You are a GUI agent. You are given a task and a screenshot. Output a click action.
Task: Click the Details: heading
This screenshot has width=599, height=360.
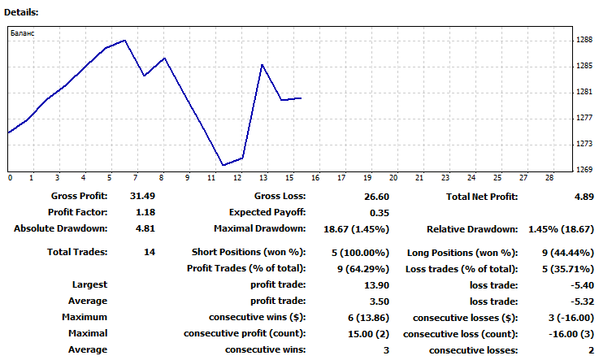tap(20, 12)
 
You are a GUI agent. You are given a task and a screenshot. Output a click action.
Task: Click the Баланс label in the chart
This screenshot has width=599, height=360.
tap(23, 34)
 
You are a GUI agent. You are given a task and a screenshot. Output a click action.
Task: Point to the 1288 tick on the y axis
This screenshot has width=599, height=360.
tap(584, 39)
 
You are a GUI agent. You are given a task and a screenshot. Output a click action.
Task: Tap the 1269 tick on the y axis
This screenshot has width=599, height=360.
tap(584, 170)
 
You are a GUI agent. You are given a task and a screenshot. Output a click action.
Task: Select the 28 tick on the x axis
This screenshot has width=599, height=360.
tap(549, 177)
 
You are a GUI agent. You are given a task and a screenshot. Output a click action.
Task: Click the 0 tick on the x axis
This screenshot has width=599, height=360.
tap(10, 177)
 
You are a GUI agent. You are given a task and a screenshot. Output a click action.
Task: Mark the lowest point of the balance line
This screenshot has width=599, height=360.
tap(224, 166)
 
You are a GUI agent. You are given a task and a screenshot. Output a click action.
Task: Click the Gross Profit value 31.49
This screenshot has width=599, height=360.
tap(142, 197)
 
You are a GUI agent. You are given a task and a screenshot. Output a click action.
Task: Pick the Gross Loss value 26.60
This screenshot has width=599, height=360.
tap(373, 197)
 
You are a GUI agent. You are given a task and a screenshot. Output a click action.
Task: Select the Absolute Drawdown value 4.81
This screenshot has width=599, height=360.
tap(142, 228)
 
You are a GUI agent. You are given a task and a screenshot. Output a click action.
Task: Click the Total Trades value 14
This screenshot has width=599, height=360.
tap(149, 253)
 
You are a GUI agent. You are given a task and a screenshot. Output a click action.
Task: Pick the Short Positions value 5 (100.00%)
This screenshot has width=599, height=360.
tap(357, 253)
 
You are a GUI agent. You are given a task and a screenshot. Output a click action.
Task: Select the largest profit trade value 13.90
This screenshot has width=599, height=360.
tap(373, 285)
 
